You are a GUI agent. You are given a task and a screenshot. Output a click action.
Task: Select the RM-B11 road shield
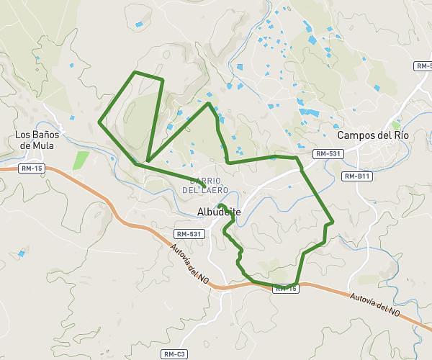click(356, 176)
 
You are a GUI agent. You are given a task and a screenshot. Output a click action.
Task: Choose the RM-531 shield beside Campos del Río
click(327, 153)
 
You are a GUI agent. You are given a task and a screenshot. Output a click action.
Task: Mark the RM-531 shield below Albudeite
click(190, 234)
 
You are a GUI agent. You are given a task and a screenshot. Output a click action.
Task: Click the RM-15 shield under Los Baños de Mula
click(32, 168)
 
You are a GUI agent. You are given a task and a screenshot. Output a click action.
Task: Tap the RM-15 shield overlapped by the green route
click(286, 288)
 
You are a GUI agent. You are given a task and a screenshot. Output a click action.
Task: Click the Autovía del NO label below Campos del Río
click(374, 305)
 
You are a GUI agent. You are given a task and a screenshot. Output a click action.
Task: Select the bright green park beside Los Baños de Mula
click(81, 160)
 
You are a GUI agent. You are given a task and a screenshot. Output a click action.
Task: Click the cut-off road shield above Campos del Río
click(424, 66)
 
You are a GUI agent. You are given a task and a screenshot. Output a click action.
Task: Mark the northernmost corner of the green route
click(135, 73)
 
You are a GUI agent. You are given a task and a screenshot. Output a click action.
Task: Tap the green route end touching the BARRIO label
click(205, 188)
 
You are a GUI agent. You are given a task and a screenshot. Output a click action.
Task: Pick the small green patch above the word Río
click(395, 125)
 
